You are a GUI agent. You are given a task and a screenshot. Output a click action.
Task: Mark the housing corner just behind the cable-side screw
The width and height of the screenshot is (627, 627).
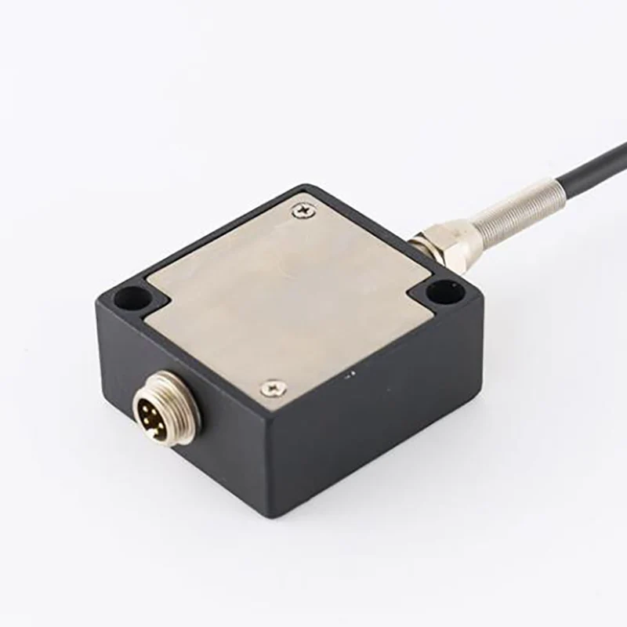306,187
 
